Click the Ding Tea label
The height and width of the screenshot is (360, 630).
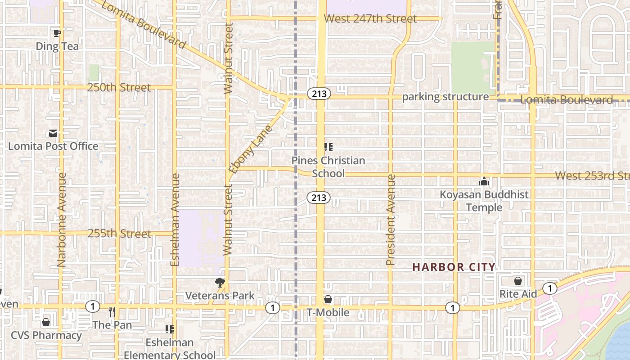click(57, 46)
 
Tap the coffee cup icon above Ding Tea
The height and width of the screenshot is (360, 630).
click(57, 33)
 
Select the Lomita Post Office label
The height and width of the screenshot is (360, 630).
click(53, 146)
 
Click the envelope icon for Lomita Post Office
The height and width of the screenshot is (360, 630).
click(53, 133)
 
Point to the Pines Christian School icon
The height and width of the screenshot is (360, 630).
click(328, 147)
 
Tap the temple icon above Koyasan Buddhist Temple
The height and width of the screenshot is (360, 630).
click(484, 182)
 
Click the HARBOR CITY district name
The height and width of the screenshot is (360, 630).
click(454, 267)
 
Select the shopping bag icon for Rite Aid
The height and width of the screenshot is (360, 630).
click(518, 281)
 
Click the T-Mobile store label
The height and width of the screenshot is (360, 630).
click(328, 312)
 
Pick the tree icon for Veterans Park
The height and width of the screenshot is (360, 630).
click(220, 283)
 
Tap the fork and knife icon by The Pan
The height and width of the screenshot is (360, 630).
click(112, 311)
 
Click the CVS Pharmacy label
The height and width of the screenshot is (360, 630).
click(46, 336)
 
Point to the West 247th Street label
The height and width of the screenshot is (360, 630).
click(370, 19)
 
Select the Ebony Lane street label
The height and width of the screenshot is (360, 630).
click(251, 149)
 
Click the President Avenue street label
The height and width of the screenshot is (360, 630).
click(391, 220)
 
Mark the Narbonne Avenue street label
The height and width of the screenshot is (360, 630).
click(62, 220)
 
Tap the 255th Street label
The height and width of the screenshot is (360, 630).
click(119, 234)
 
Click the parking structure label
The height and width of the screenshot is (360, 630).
click(445, 97)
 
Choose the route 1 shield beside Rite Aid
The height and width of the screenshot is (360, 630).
click(549, 288)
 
